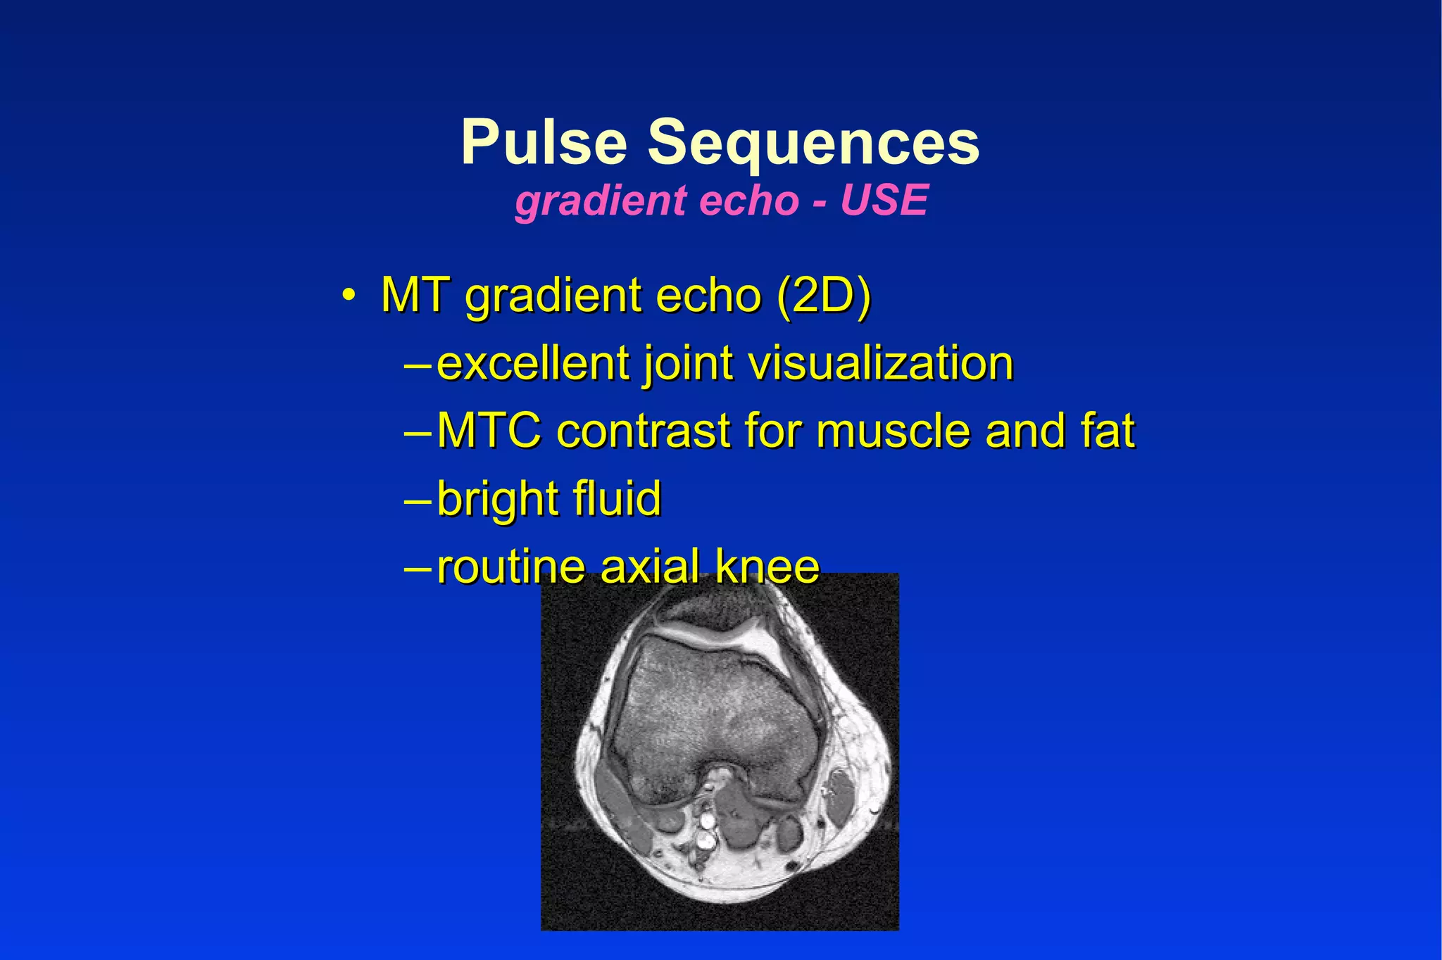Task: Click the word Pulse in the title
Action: click(x=544, y=142)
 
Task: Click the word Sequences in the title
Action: click(x=813, y=142)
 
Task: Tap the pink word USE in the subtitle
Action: click(x=884, y=201)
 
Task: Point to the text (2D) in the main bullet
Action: click(x=824, y=296)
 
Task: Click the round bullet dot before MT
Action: click(x=347, y=296)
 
